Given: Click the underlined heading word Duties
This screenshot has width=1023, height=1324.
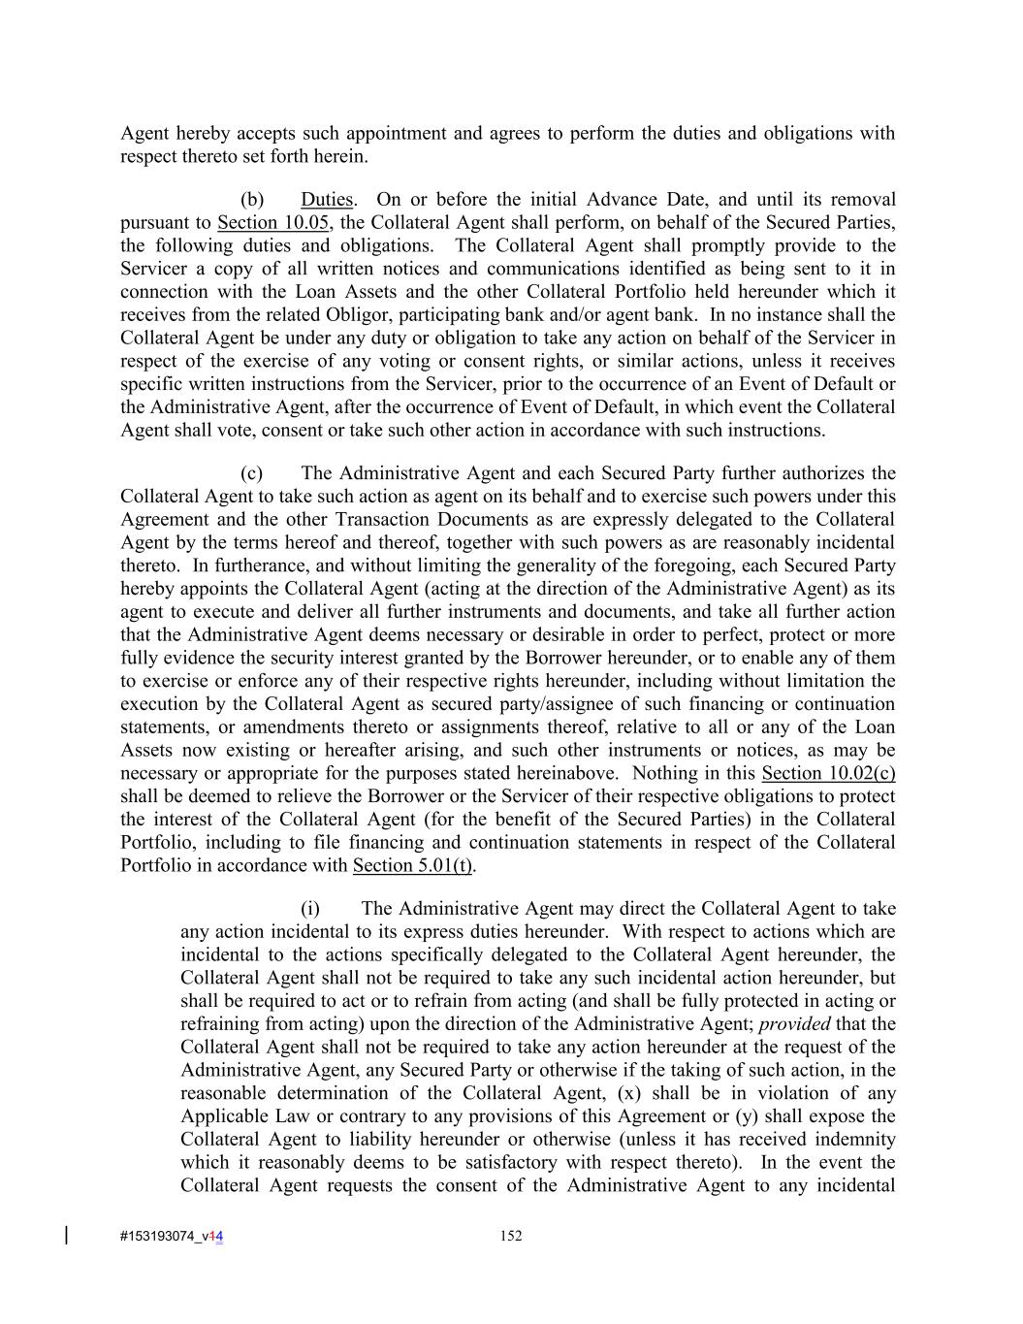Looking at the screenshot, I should point(327,200).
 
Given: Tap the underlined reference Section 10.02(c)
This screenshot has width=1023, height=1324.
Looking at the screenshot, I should point(828,773).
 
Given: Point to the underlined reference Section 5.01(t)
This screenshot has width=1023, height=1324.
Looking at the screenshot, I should point(412,865).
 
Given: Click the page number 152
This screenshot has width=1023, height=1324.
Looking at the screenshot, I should point(511,1236).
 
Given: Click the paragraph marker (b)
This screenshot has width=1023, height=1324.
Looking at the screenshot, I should point(252,200).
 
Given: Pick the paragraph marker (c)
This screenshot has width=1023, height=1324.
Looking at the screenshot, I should point(252,473).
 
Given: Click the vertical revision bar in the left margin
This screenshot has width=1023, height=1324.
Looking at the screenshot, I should point(67,1235).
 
